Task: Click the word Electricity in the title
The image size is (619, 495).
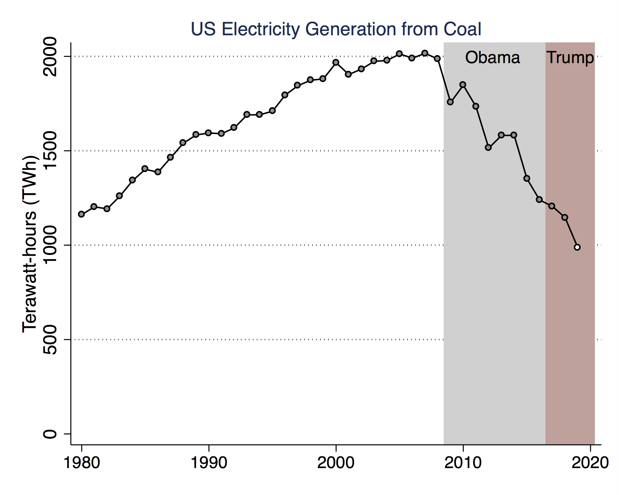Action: point(261,29)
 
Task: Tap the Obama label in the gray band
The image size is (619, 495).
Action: point(492,58)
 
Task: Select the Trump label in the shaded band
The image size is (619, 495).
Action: point(570,58)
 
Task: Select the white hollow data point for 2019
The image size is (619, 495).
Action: point(577,247)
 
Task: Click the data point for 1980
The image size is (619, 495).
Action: point(81,214)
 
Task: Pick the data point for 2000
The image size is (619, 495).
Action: point(336,62)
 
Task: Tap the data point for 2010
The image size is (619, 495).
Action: point(463,85)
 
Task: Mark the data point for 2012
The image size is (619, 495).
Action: point(488,148)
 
